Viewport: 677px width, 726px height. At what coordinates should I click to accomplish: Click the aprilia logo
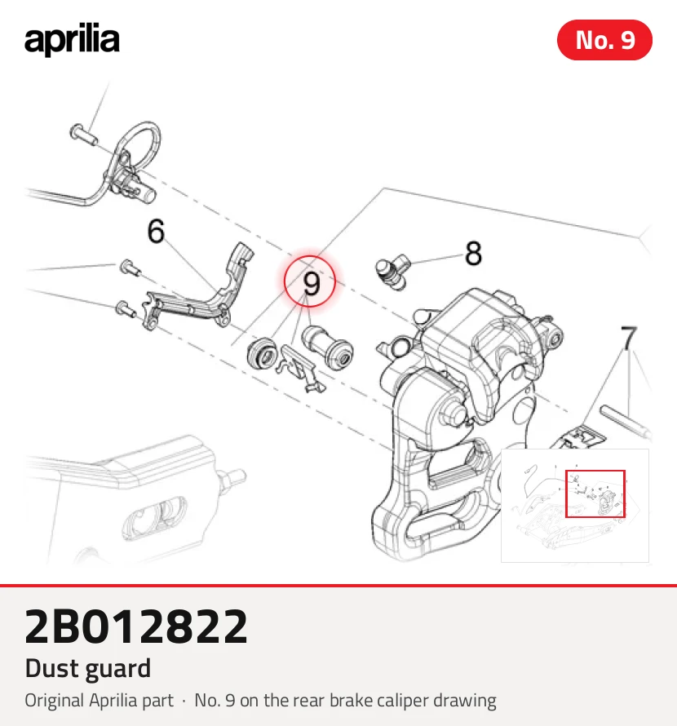72,39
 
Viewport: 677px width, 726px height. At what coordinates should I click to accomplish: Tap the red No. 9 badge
604,40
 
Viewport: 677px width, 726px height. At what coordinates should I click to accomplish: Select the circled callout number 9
310,281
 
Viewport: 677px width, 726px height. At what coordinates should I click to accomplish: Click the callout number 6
156,231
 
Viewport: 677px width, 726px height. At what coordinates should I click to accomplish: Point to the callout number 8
473,253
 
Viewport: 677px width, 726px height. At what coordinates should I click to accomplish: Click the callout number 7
628,338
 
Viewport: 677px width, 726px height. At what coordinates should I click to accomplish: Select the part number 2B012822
136,626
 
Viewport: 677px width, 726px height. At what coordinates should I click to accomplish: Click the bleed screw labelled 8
392,272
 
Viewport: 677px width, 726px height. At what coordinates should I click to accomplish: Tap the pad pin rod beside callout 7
624,420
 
